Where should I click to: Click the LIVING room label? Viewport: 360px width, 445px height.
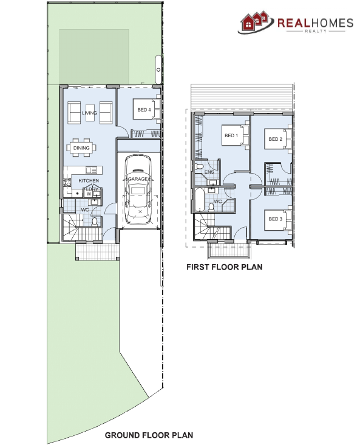tap(90, 113)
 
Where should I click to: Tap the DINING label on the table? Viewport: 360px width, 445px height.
tap(81, 148)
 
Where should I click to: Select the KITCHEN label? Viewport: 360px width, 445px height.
tap(89, 181)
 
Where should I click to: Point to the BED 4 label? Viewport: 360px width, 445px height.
tap(144, 110)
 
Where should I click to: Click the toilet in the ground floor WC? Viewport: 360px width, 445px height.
tap(95, 222)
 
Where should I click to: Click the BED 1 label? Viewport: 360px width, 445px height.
tap(230, 135)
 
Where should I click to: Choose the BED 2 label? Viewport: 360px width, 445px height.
tap(275, 139)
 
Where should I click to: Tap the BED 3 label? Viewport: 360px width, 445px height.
tap(275, 219)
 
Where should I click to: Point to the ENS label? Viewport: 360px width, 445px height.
tap(209, 172)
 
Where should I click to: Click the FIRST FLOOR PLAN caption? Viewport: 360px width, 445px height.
tap(224, 267)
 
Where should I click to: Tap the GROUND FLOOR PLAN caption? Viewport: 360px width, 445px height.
tap(149, 435)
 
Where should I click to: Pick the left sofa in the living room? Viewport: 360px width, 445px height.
tap(75, 112)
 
